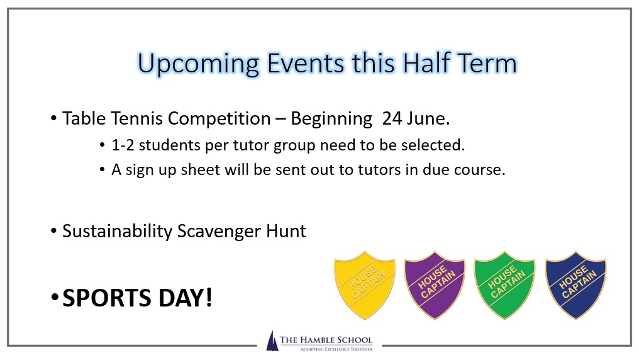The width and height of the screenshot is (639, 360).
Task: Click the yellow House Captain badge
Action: [364, 285]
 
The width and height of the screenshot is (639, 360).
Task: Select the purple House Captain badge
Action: [435, 285]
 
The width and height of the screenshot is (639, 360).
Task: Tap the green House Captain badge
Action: [504, 285]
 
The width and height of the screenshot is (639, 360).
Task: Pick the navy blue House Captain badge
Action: [575, 285]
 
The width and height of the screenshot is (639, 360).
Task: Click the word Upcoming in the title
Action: [199, 64]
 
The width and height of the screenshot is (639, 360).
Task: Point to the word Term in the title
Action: [487, 63]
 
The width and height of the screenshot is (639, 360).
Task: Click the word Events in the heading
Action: [306, 63]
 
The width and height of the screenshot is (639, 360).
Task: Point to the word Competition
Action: [219, 120]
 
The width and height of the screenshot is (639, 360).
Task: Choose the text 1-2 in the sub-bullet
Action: [123, 145]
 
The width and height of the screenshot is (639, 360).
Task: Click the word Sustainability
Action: [118, 232]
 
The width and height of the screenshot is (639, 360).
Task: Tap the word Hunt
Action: [286, 231]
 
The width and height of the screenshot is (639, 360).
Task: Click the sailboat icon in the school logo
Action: [272, 341]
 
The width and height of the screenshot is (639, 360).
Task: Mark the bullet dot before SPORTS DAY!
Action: [55, 298]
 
